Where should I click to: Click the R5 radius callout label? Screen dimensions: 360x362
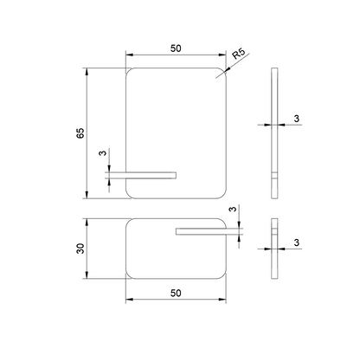(239, 54)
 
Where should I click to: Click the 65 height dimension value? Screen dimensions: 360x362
(80, 133)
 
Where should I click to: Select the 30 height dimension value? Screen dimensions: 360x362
(80, 249)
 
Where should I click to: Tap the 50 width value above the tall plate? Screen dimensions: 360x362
(176, 48)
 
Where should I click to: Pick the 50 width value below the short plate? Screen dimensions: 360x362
(176, 293)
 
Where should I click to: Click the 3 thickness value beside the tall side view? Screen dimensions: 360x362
(297, 119)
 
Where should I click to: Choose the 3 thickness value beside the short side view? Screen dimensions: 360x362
(297, 242)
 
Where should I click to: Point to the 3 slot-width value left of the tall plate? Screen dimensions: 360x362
(103, 152)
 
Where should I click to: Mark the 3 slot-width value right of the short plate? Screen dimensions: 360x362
(233, 209)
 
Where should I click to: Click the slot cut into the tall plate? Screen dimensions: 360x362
(151, 175)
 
